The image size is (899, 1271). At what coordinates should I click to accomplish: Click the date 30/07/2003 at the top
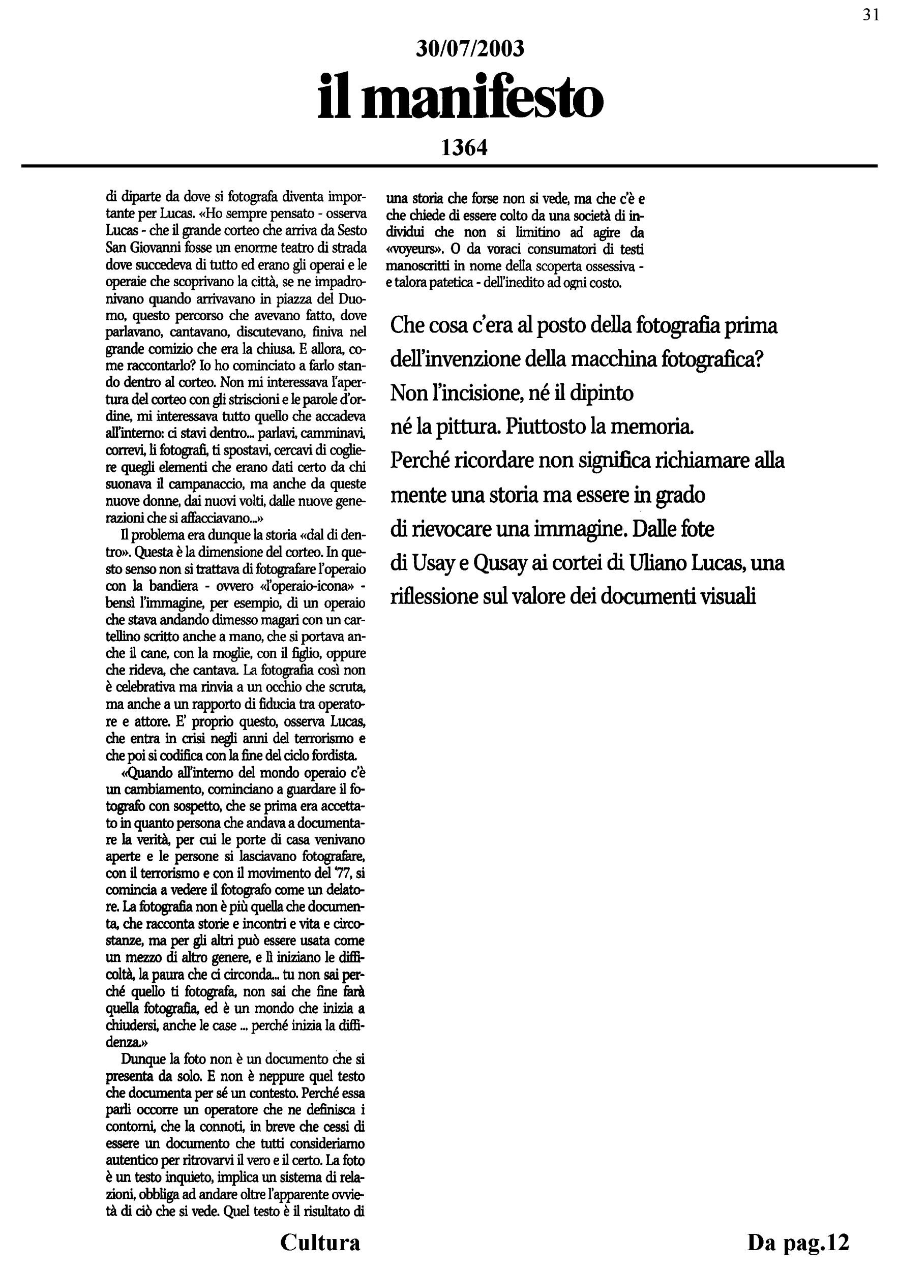469,49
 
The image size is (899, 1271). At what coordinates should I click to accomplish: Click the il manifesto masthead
460,99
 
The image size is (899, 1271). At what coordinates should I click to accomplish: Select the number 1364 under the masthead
464,148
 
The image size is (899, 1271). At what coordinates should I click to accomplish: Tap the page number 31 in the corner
871,15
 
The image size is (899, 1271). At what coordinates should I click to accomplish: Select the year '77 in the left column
344,873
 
